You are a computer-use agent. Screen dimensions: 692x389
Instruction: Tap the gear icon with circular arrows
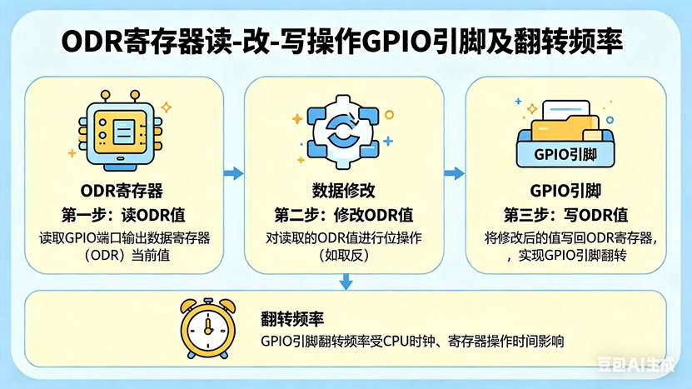click(x=342, y=129)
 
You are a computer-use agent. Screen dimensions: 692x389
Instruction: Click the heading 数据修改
click(x=343, y=189)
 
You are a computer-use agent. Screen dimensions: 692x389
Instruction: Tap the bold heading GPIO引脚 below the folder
click(x=566, y=189)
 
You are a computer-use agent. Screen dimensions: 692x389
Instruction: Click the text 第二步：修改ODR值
click(x=343, y=213)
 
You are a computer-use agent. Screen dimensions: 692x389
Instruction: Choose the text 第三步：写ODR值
click(x=566, y=213)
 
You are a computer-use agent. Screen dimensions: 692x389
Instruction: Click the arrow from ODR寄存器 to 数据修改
click(x=233, y=173)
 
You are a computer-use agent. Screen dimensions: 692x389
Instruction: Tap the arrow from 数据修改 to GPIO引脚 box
click(x=454, y=173)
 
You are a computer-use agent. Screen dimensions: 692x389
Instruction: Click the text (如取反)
click(x=343, y=256)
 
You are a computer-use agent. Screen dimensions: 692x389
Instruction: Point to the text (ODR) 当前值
click(x=124, y=256)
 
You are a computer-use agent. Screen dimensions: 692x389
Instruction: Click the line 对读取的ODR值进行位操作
click(x=343, y=237)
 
